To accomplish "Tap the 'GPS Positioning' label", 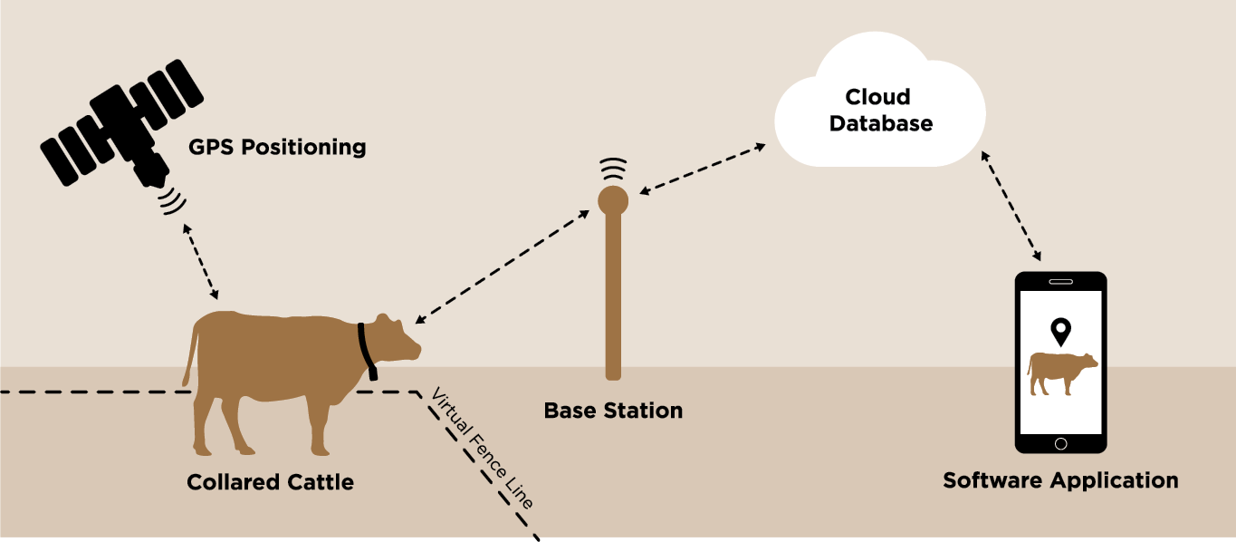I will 277,147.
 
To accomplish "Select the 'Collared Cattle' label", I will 270,482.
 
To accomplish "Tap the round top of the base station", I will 613,199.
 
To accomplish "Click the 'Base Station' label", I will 613,411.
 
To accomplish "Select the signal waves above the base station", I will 613,169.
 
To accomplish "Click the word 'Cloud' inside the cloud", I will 877,97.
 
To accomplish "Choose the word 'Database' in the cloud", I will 880,123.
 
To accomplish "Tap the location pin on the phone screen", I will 1059,332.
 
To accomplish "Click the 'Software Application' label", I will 1060,480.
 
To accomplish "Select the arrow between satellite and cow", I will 200,259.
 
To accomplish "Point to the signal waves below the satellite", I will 170,200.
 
